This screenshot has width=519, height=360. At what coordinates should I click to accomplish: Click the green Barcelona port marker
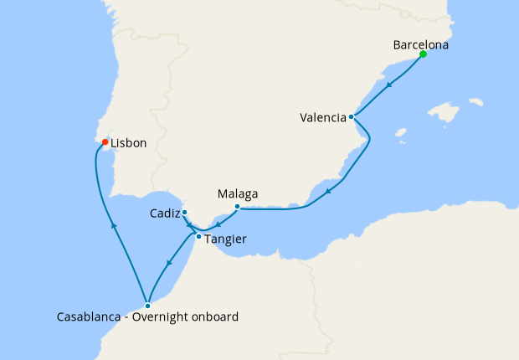pos(423,54)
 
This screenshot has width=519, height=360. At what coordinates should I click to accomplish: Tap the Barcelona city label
pos(420,45)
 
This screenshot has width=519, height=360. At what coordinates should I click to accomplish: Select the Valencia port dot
pos(352,117)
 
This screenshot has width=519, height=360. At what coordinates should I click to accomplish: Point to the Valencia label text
pos(323,118)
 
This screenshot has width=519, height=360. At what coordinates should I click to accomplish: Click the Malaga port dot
pos(238,207)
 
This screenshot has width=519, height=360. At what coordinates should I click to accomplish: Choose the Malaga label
pos(237,194)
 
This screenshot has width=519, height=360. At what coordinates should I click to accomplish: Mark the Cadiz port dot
pos(184,213)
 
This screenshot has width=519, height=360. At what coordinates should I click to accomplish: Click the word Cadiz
pos(165,213)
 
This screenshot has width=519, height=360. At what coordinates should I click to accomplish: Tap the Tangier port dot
pos(198,237)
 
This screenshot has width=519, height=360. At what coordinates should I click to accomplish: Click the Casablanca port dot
pos(147,306)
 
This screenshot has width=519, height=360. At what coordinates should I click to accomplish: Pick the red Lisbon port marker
pos(104,142)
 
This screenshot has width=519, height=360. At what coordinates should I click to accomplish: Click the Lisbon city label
pos(129,143)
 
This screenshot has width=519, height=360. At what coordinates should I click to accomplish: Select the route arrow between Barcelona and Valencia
pos(390,84)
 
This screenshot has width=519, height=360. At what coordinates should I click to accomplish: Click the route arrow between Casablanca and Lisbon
pos(113,224)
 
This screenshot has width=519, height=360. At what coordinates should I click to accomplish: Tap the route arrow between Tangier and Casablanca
pos(170,264)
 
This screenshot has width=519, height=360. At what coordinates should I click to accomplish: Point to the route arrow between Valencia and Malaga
pos(328,191)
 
